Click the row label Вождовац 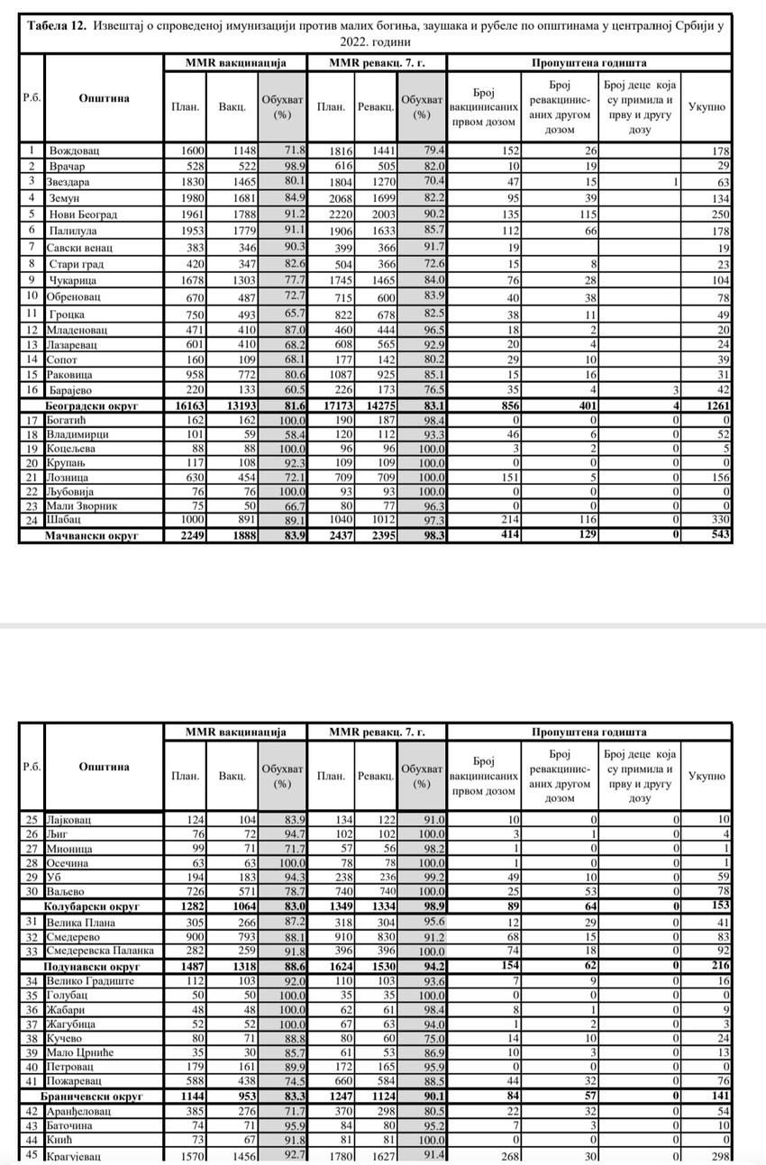pyautogui.click(x=74, y=150)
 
